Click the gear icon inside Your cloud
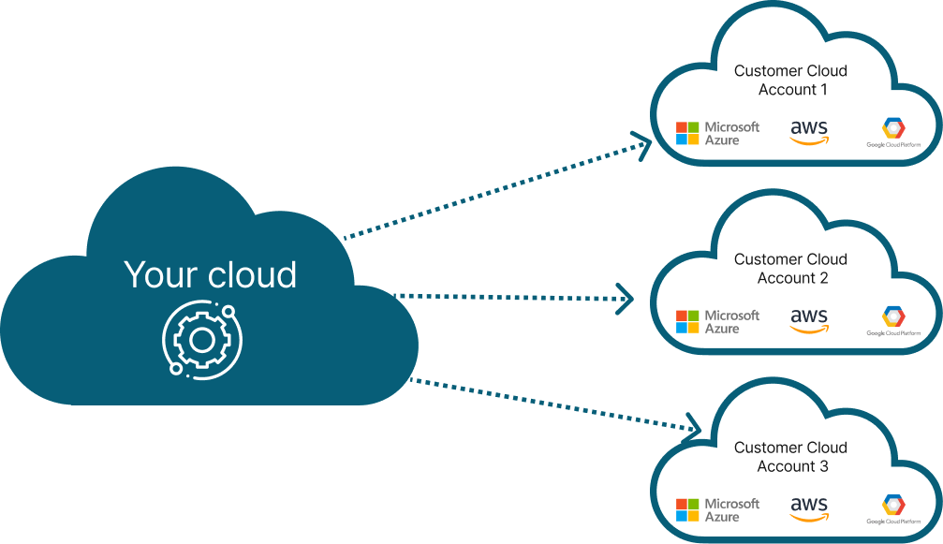point(202,340)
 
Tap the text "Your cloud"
point(210,274)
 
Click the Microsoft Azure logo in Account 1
point(717,134)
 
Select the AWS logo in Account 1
point(809,133)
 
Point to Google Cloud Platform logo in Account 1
point(893,133)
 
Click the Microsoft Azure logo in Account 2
point(717,321)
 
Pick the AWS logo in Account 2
point(809,321)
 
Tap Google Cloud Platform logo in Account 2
point(893,321)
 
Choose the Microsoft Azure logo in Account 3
point(717,509)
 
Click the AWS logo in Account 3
point(809,509)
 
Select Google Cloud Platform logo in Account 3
point(893,509)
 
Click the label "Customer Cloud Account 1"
point(791,80)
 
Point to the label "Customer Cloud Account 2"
point(791,269)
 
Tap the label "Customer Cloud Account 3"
point(791,457)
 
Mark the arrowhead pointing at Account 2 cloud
point(626,298)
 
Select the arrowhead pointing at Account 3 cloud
point(693,427)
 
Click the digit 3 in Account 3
point(823,466)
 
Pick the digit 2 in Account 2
point(823,278)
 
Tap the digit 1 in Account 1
point(823,90)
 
